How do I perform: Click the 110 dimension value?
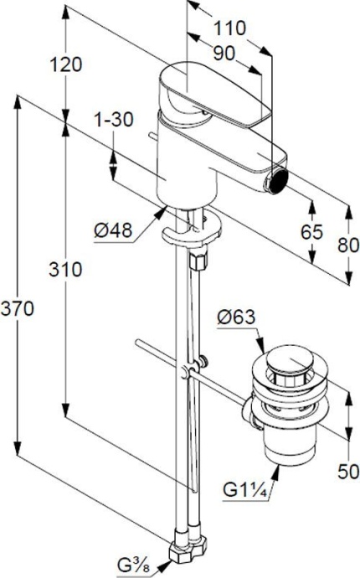(230, 28)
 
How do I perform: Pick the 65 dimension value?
(312, 232)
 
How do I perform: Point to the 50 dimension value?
(347, 472)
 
